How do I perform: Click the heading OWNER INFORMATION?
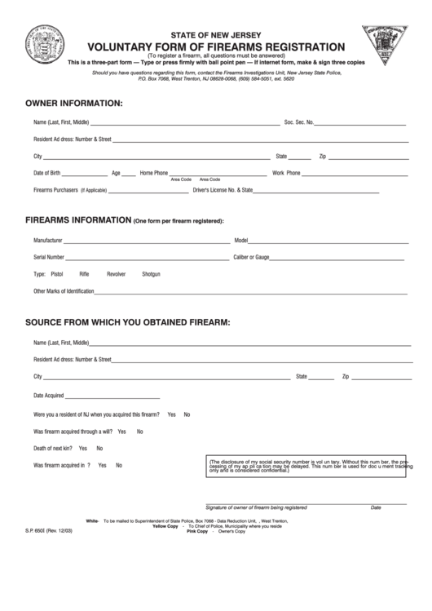coord(74,104)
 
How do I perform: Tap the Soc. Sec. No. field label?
coord(299,122)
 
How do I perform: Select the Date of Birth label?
coord(47,173)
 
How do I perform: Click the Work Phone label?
coord(286,173)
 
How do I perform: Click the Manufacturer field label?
coord(48,241)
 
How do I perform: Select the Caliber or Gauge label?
coord(252,257)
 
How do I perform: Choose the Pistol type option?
coord(56,274)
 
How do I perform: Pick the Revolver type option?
coord(117,274)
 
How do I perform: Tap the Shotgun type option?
coord(152,274)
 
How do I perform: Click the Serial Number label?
coord(49,257)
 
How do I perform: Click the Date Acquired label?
coord(49,395)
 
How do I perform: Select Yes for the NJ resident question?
coord(171,414)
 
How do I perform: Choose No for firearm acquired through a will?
coord(139,432)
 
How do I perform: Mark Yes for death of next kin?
coord(83,449)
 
